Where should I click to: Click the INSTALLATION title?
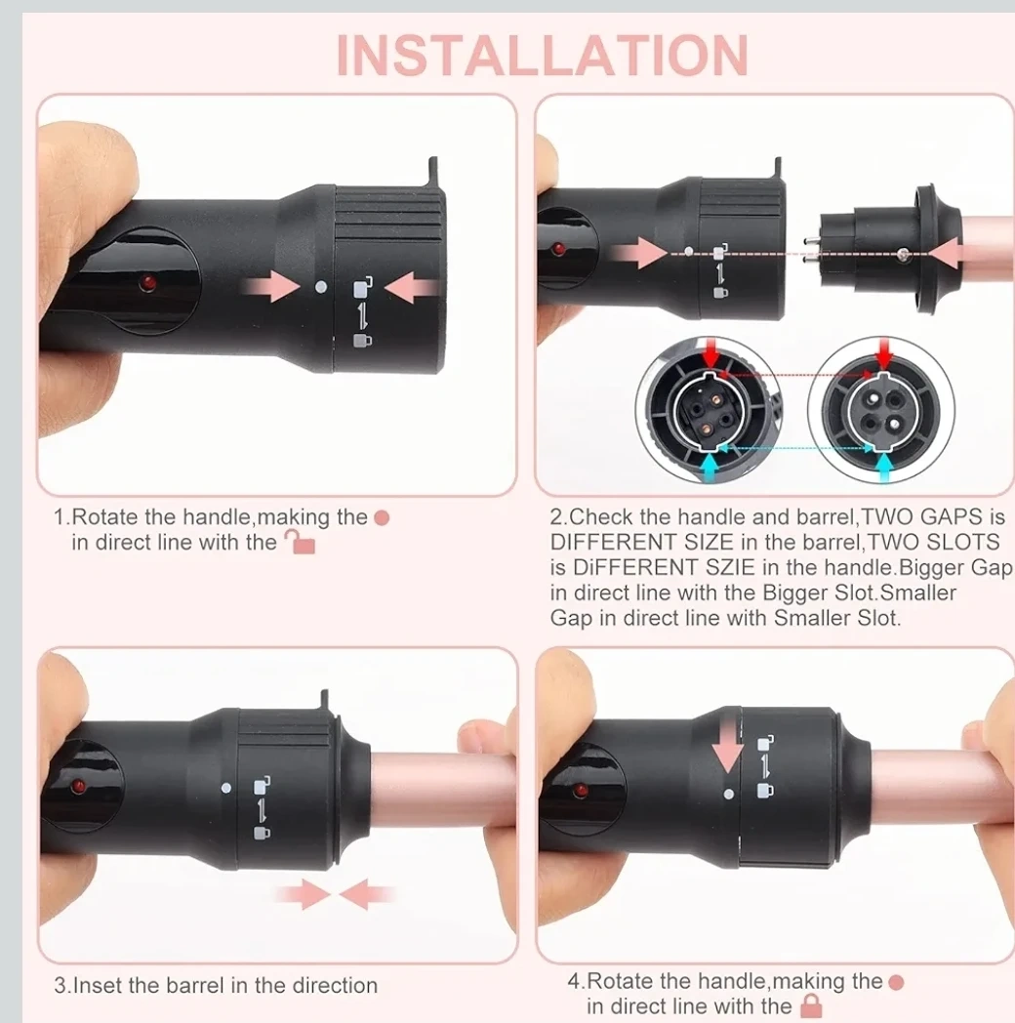(542, 56)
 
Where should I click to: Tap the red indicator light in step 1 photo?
(148, 282)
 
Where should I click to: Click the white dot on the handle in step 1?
(320, 286)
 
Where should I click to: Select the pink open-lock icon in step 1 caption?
(300, 542)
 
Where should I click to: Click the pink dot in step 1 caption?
(382, 518)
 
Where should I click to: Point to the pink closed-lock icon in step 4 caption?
(811, 1005)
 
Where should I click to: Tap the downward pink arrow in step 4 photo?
(727, 748)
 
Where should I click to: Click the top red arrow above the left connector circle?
(710, 353)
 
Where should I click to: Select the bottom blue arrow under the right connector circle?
(884, 467)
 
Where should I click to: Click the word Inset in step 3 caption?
(96, 985)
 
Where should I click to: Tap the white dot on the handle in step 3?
(226, 788)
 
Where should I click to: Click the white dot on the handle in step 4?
(729, 794)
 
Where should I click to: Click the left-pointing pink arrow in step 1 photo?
(410, 288)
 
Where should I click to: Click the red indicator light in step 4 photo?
(580, 791)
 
